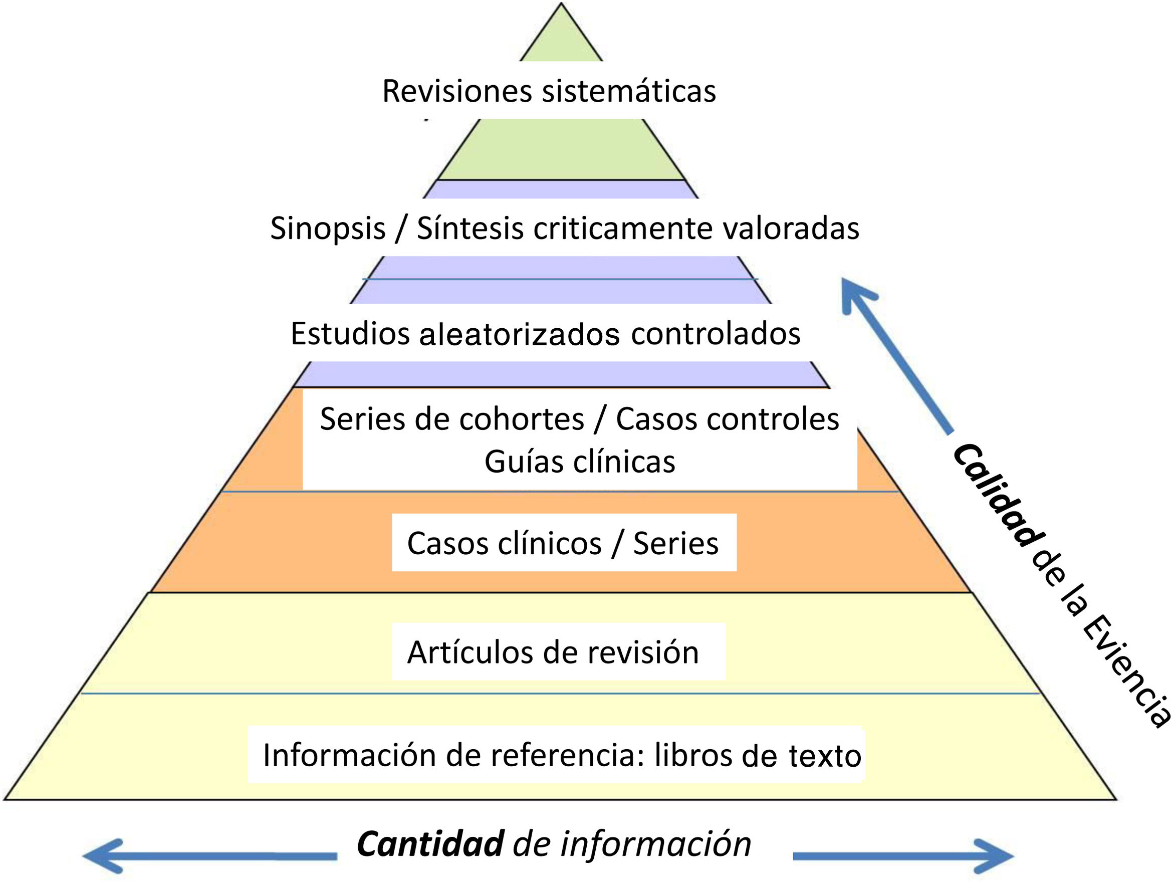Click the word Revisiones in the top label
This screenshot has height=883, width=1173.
click(456, 91)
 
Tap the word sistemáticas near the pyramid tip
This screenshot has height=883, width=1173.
click(629, 91)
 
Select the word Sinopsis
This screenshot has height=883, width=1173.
click(328, 229)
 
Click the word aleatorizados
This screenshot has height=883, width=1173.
click(519, 335)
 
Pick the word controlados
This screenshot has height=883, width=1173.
click(716, 335)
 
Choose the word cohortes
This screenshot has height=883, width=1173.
click(522, 419)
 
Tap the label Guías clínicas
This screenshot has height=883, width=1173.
click(580, 462)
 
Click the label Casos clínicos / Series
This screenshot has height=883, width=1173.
click(563, 544)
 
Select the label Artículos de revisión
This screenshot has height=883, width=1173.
click(553, 653)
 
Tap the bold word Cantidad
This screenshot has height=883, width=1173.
click(430, 844)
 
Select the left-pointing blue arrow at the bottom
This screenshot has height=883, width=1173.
click(207, 856)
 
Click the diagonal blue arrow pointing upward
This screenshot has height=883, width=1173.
click(896, 355)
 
